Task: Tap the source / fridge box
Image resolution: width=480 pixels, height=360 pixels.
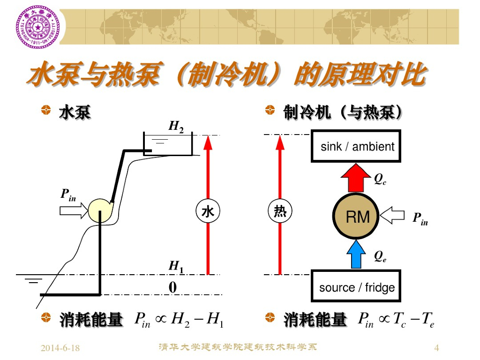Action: point(356,286)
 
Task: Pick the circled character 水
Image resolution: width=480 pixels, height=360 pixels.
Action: point(208,212)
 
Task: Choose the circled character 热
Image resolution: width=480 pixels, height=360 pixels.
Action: point(280,212)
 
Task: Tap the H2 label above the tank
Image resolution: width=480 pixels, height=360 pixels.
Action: point(176,127)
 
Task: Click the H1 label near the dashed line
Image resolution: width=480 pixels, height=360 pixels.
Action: point(176,267)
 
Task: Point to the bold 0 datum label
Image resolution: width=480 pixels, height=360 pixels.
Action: point(172,287)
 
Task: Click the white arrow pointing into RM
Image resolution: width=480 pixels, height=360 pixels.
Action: point(392,216)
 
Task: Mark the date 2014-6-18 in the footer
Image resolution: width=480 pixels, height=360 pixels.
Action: point(60,348)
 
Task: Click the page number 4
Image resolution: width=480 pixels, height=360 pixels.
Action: point(437,348)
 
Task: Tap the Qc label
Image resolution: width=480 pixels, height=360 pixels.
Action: point(380,179)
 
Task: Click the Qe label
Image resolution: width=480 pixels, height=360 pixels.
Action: point(380,256)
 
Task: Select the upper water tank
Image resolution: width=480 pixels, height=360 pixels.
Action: point(168,144)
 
